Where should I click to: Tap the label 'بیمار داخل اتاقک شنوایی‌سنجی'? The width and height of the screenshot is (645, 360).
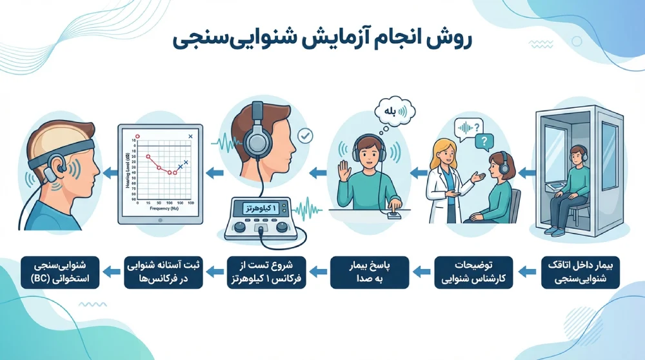pyautogui.click(x=579, y=272)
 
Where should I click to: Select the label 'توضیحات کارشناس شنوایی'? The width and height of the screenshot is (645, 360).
pyautogui.click(x=473, y=272)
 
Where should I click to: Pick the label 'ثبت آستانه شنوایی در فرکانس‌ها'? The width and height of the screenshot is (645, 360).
pyautogui.click(x=163, y=272)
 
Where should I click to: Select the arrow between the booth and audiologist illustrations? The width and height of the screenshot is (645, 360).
pyautogui.click(x=524, y=172)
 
